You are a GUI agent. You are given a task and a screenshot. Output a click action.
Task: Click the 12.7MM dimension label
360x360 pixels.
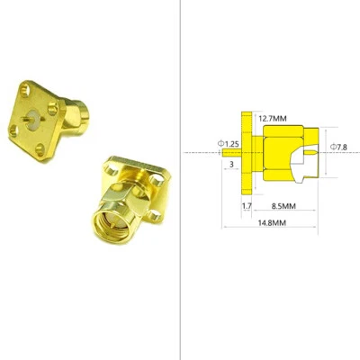point(272,118)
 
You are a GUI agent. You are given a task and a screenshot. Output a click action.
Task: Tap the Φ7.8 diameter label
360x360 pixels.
point(339,147)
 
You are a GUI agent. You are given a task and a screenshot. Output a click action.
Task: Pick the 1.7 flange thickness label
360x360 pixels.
point(247,205)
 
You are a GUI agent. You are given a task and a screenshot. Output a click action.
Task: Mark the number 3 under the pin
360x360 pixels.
point(231,166)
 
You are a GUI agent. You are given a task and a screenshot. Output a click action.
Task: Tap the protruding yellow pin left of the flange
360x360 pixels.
point(232,153)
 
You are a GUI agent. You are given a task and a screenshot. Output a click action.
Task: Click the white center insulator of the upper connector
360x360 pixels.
point(34,116)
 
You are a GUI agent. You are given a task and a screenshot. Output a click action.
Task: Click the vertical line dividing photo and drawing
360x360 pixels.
point(179,180)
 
